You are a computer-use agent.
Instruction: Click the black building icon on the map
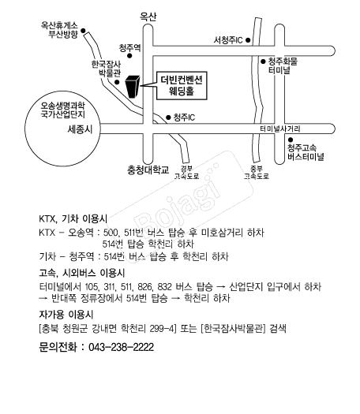pos(132,87)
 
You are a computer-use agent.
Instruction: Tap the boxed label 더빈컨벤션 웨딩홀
pos(182,85)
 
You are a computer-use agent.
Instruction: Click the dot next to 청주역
pos(129,56)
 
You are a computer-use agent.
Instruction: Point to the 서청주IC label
pos(228,40)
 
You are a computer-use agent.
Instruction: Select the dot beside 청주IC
pos(168,117)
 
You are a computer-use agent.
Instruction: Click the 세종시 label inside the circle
pos(80,129)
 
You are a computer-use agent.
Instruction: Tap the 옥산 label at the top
pos(148,17)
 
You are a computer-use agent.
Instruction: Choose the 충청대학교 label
pos(148,170)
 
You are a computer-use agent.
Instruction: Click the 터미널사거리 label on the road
pos(280,129)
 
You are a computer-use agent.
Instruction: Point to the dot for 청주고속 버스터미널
pos(291,140)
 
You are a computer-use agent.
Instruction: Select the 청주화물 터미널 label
pos(283,65)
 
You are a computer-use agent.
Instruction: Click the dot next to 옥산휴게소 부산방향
pos(83,31)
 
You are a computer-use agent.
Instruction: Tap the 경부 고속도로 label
pos(186,173)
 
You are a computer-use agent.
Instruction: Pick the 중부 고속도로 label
pos(257,173)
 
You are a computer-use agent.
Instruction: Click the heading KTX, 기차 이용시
pos(73,219)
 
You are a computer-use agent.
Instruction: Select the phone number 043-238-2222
pos(121,347)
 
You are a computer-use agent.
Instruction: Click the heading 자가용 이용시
pos(66,315)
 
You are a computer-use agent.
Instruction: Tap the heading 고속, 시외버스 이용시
pos(82,273)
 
